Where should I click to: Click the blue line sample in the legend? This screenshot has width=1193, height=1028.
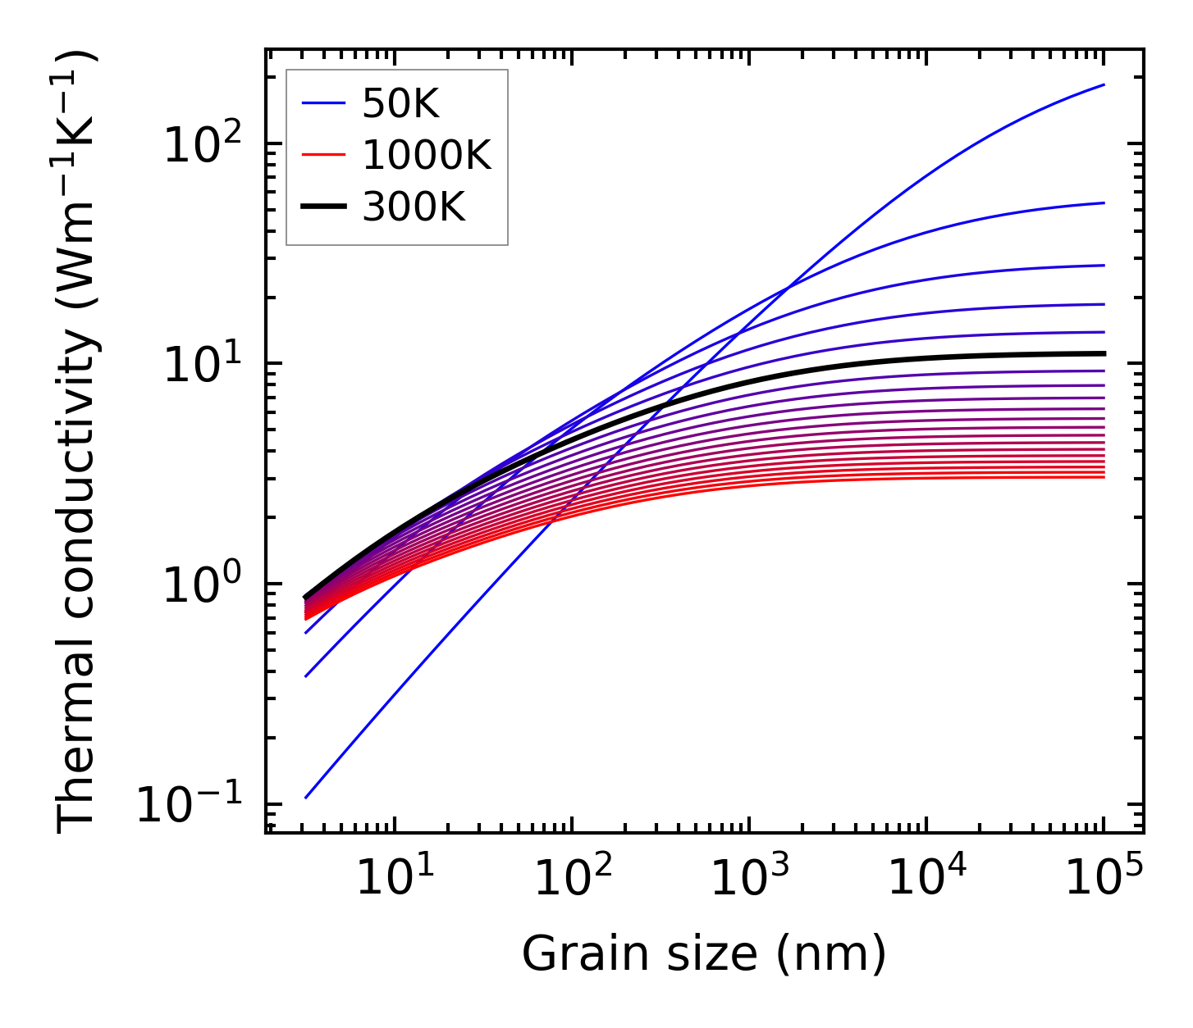pos(324,103)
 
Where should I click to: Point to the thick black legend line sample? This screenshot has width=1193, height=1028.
pos(324,207)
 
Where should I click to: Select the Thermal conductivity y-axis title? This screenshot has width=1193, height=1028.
pos(77,441)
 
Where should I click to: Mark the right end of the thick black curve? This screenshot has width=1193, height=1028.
pos(1104,353)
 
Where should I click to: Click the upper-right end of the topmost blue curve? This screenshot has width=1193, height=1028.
pos(1104,84)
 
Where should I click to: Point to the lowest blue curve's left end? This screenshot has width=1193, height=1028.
pos(305,798)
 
